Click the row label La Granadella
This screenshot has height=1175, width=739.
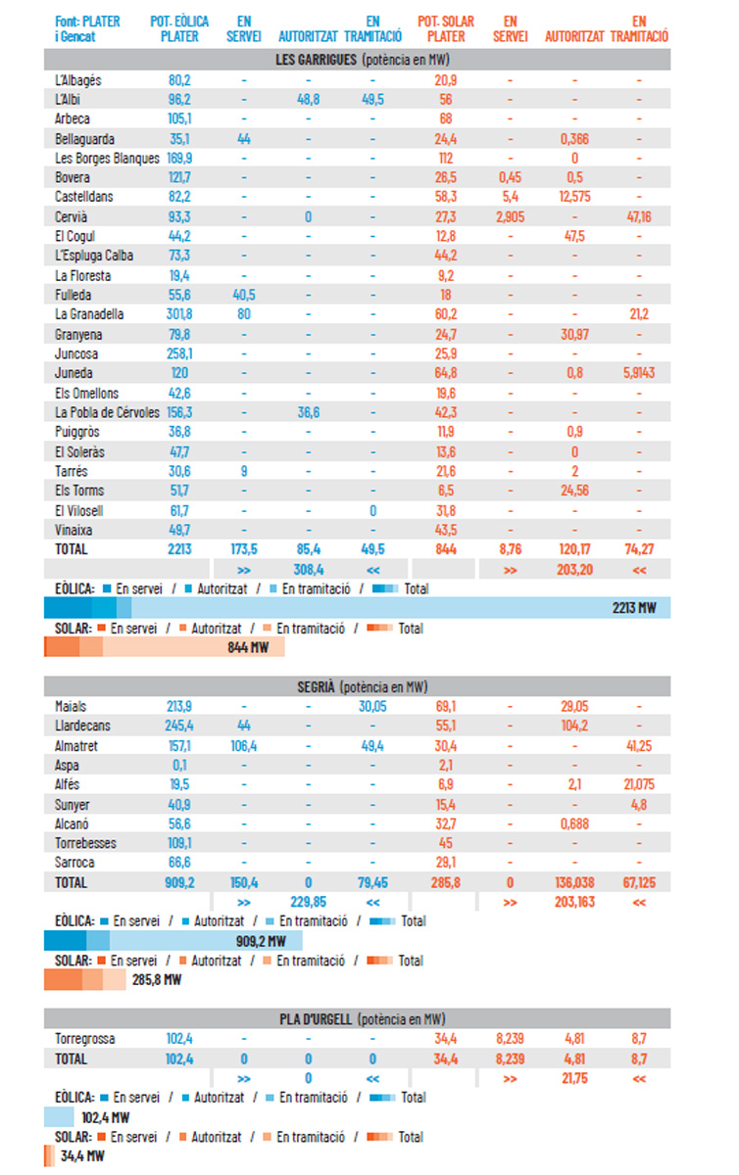click(90, 314)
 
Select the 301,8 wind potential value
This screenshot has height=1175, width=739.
click(179, 314)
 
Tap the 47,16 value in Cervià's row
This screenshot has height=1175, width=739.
click(639, 216)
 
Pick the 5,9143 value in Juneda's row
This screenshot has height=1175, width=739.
click(639, 373)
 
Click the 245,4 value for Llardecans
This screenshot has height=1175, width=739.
click(179, 726)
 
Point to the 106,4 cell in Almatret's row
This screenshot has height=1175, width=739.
click(244, 745)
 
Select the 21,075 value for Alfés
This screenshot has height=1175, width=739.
click(639, 784)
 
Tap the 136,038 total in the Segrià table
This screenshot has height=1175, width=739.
click(574, 882)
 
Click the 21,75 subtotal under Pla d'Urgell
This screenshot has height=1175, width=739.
click(574, 1077)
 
